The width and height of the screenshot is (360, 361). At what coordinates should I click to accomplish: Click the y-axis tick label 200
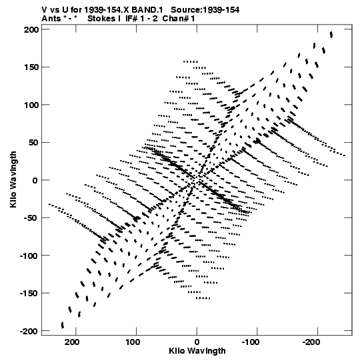click(x=31, y=29)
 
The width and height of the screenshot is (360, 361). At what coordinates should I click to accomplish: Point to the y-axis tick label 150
click(x=31, y=67)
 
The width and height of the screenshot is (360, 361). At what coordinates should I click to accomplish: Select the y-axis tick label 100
click(x=31, y=105)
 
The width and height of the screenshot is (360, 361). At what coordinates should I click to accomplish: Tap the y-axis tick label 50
click(x=33, y=143)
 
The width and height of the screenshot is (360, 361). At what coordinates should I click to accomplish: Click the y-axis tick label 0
click(x=35, y=180)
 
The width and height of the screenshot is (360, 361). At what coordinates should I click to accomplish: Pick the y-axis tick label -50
click(x=31, y=218)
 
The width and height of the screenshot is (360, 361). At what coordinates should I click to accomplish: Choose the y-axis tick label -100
click(x=29, y=256)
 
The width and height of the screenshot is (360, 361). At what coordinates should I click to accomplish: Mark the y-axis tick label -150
click(x=29, y=294)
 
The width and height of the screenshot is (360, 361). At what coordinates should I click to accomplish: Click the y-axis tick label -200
click(x=29, y=332)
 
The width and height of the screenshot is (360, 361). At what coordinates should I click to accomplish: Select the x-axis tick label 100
click(x=133, y=342)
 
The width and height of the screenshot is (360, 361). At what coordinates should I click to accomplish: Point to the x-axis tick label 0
click(x=197, y=342)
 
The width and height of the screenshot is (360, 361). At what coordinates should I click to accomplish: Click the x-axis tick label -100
click(x=251, y=342)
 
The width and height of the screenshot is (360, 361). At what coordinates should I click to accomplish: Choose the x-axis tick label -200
click(x=311, y=342)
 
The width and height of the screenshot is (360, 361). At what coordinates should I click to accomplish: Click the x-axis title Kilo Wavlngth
click(x=197, y=351)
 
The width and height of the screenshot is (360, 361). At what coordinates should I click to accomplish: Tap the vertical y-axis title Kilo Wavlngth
click(x=13, y=179)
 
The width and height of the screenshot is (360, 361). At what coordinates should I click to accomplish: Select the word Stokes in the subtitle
click(x=101, y=19)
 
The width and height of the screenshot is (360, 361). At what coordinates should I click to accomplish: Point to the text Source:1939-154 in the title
click(x=205, y=10)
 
